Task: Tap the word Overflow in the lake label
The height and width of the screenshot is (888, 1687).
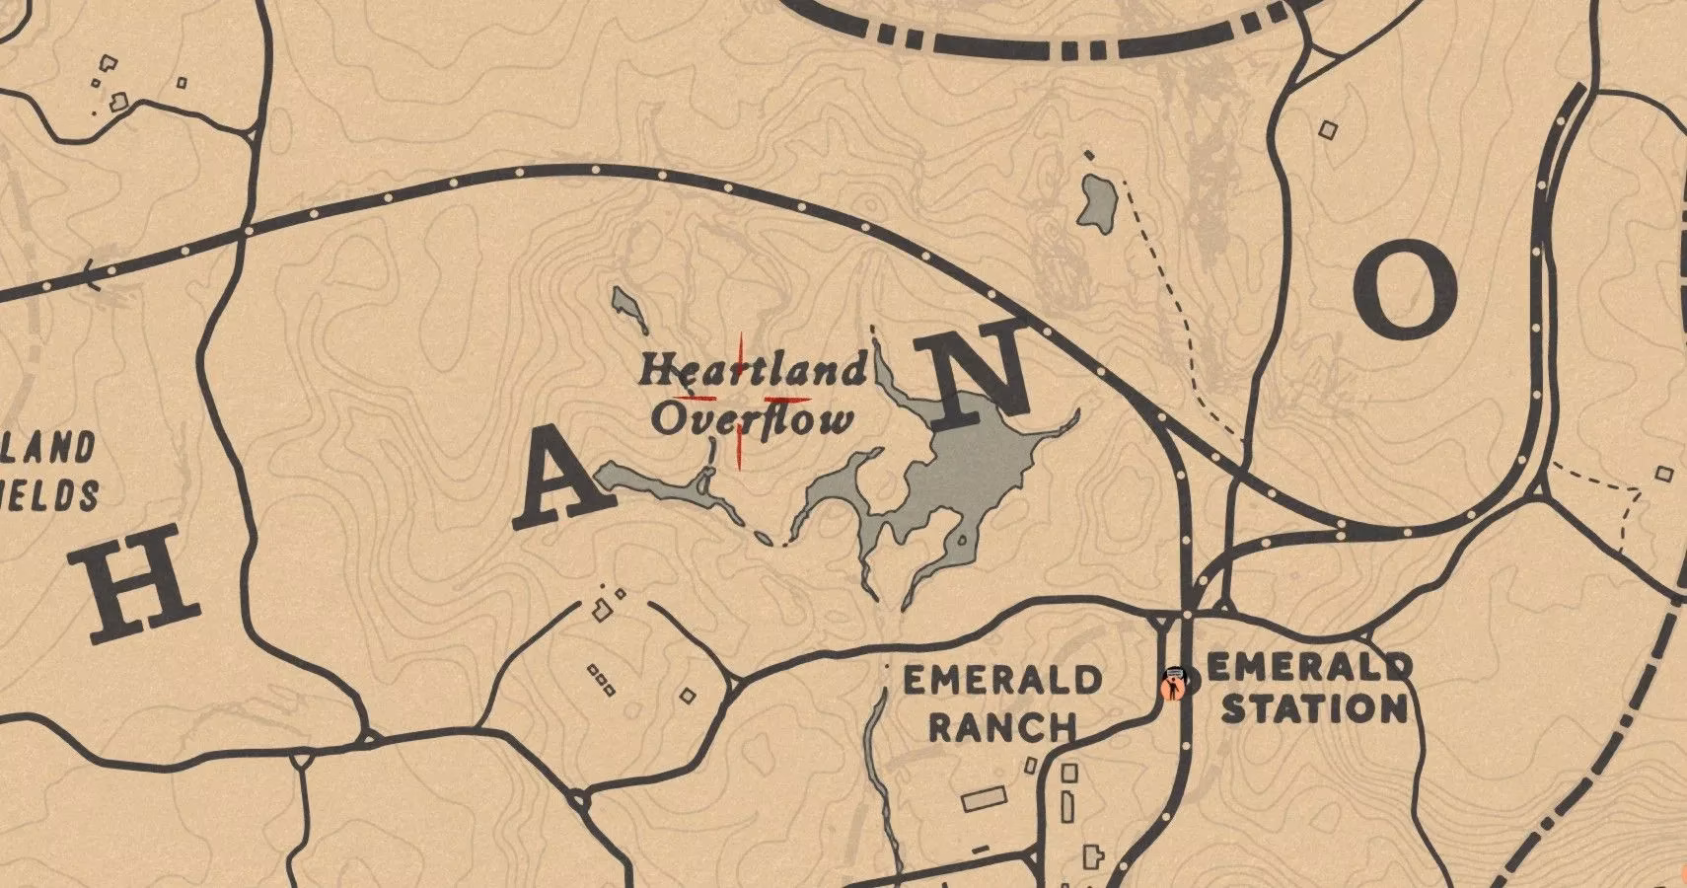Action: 752,421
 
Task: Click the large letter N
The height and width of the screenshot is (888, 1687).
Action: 983,376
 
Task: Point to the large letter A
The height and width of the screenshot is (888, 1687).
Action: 564,481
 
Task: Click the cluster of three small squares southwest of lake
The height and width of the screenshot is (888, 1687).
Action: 601,679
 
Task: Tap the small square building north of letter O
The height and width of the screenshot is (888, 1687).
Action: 1330,128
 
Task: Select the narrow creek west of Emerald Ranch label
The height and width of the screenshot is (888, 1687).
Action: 874,750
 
